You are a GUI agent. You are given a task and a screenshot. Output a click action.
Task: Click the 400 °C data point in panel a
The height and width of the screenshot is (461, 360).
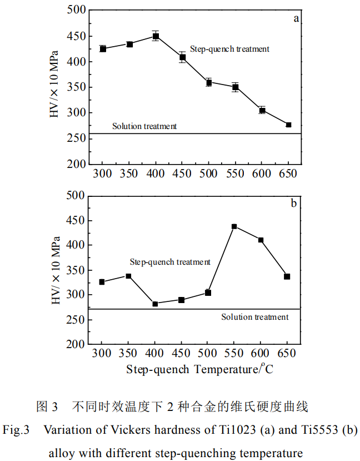pos(156,37)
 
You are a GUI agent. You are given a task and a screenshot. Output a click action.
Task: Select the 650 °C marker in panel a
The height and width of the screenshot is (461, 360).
pos(288,125)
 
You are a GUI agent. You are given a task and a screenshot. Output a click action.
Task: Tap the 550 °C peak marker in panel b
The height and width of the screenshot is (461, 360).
pos(234,226)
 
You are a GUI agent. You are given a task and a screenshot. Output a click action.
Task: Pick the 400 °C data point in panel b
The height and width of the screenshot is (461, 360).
pos(155,304)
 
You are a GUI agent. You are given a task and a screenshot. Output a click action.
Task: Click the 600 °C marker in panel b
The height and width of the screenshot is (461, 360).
pos(261,240)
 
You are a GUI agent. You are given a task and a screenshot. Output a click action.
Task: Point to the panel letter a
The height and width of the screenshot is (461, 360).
pos(296,18)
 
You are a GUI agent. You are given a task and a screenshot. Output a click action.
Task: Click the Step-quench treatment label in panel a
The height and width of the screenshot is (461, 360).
pos(229,49)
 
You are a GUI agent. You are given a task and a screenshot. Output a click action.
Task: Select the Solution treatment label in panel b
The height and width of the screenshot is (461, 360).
pos(255,317)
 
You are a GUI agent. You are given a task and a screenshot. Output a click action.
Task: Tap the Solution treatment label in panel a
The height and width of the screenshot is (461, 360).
pos(144,126)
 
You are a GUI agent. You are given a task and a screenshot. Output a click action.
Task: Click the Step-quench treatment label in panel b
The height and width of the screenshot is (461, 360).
pos(170,262)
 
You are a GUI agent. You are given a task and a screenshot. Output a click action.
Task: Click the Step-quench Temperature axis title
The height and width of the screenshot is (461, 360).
pos(199,369)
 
